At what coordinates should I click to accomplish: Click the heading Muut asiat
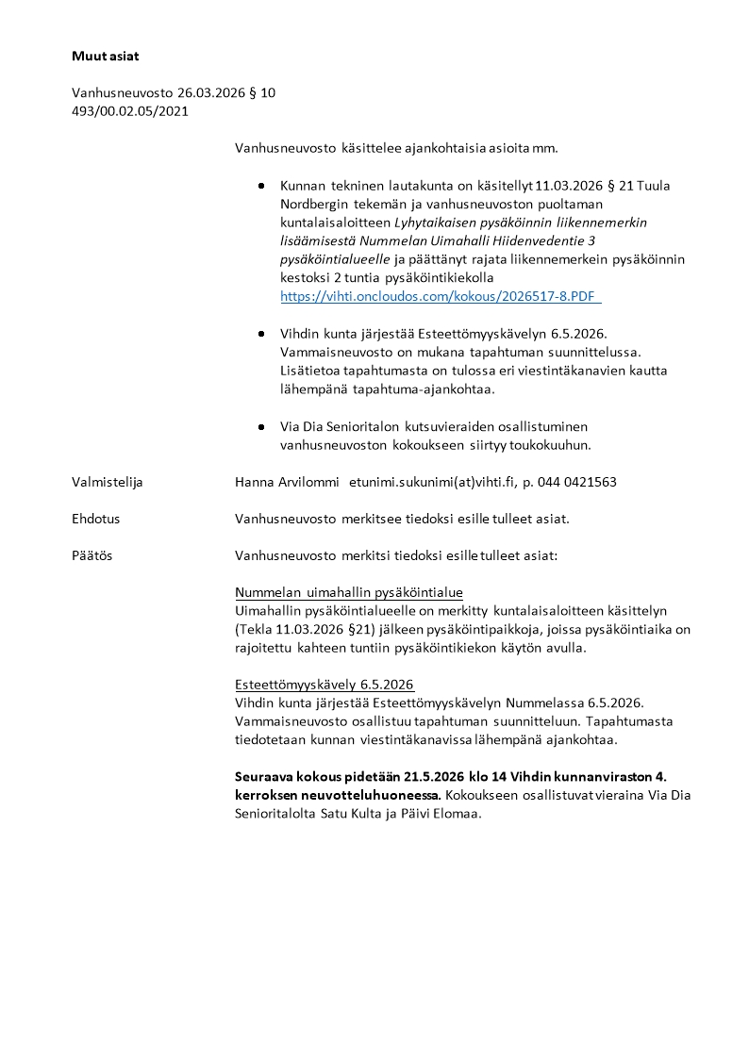(x=105, y=56)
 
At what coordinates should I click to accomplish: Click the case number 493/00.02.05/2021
(x=130, y=111)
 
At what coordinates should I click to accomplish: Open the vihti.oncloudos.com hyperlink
(x=440, y=296)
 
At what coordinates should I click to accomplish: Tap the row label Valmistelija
(x=107, y=482)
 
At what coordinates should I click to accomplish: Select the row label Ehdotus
(x=95, y=519)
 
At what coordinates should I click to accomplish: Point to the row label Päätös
(x=92, y=555)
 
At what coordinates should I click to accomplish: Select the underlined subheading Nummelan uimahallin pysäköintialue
(x=348, y=592)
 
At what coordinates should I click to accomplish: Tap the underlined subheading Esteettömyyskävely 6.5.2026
(x=324, y=685)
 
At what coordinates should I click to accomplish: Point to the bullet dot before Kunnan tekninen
(x=261, y=186)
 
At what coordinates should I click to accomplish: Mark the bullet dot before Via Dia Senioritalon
(x=261, y=425)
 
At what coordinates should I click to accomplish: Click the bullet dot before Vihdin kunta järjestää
(x=261, y=334)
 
